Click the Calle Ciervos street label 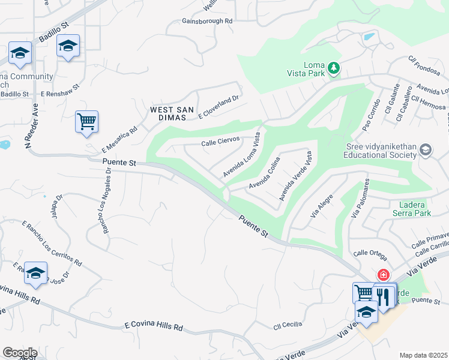tap(221, 142)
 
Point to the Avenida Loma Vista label tap(243, 155)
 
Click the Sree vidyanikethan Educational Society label tap(380, 151)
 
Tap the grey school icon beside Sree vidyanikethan tap(426, 149)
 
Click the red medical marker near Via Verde tap(382, 275)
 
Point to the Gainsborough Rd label tap(207, 21)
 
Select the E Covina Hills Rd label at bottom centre tap(153, 326)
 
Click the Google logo tap(19, 352)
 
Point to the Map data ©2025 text tap(423, 355)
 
